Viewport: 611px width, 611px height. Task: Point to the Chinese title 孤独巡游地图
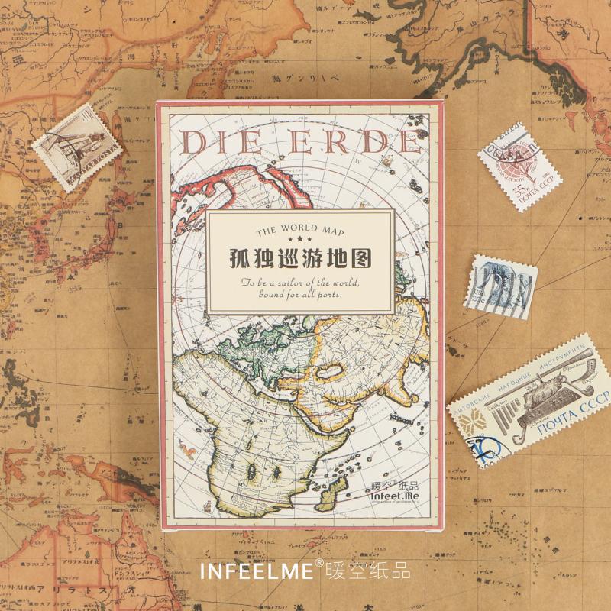[x=300, y=260]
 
